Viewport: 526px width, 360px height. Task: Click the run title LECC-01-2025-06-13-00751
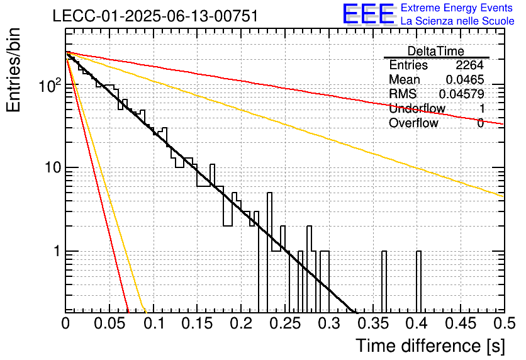click(x=155, y=16)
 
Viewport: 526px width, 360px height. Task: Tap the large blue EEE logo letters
click(x=369, y=14)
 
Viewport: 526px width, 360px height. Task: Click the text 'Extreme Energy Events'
click(x=457, y=8)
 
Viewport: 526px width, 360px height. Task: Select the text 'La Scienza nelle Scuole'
click(x=457, y=21)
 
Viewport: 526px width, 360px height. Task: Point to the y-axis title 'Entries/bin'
click(x=13, y=70)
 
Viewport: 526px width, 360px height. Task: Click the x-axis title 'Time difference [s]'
click(x=430, y=346)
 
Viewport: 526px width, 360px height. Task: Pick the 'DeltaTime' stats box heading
click(x=435, y=51)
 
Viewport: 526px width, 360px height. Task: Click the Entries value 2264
click(x=469, y=65)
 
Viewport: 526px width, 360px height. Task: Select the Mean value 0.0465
click(x=465, y=79)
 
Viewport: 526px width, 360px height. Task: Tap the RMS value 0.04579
click(x=461, y=94)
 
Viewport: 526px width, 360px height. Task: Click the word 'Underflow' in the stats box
click(x=417, y=108)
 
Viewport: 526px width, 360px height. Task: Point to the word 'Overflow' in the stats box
click(x=413, y=123)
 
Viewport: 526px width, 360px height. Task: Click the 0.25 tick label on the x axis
click(x=286, y=323)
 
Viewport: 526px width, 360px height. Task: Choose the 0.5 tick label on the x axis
click(x=504, y=323)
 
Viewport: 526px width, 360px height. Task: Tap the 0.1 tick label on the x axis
click(x=154, y=323)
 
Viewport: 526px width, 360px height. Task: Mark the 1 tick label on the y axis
click(x=57, y=250)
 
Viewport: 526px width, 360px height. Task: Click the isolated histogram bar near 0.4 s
click(x=418, y=281)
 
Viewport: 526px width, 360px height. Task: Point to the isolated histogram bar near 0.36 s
click(x=384, y=281)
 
